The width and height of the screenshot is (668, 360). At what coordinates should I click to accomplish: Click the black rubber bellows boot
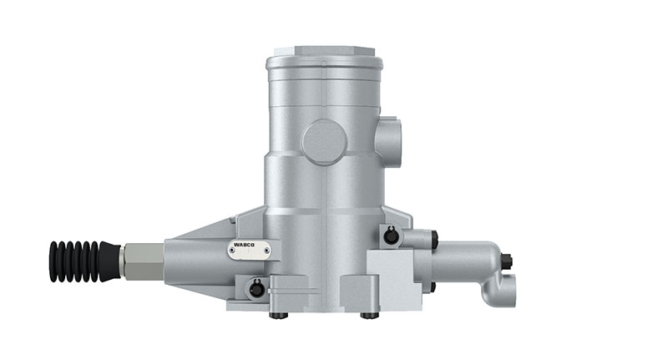click(83, 261)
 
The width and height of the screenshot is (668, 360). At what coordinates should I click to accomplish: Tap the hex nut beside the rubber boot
click(143, 261)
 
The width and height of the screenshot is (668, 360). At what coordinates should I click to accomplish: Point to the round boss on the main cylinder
click(324, 141)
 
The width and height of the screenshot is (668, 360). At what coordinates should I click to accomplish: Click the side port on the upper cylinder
click(390, 143)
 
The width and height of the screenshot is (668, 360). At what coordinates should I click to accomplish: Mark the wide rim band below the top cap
click(324, 63)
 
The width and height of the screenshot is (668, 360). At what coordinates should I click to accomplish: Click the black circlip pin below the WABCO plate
click(256, 289)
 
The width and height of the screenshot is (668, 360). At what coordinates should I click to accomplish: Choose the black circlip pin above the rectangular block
click(391, 236)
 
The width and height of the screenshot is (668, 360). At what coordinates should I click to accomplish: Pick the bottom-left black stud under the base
click(279, 315)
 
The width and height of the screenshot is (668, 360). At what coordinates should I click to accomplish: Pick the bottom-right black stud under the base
click(368, 315)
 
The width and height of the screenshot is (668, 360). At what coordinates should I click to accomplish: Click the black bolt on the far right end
click(507, 261)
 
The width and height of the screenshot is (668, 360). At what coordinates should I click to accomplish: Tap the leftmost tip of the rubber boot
click(50, 261)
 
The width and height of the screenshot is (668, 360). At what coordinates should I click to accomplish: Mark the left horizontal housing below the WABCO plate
click(200, 267)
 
